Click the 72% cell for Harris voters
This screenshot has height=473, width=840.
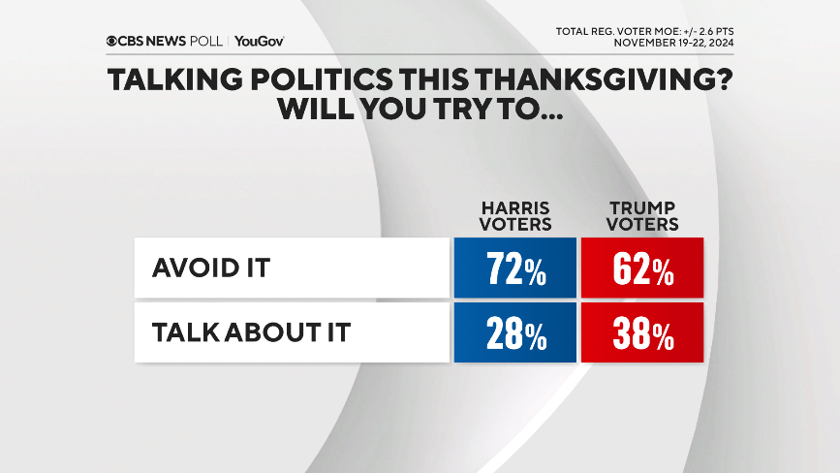[x=514, y=268]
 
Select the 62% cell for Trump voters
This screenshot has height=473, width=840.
[x=641, y=268]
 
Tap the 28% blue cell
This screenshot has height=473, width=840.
[x=514, y=333]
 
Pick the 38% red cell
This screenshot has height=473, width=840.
[x=641, y=333]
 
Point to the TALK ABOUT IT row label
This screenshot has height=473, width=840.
[x=250, y=333]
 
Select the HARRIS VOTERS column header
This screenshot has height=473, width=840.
[x=515, y=215]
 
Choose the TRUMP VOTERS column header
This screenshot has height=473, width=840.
[x=642, y=215]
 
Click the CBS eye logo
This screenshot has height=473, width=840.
[x=113, y=41]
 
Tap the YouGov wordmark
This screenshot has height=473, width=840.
[x=259, y=41]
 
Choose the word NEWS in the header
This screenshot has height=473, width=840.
[x=164, y=41]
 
